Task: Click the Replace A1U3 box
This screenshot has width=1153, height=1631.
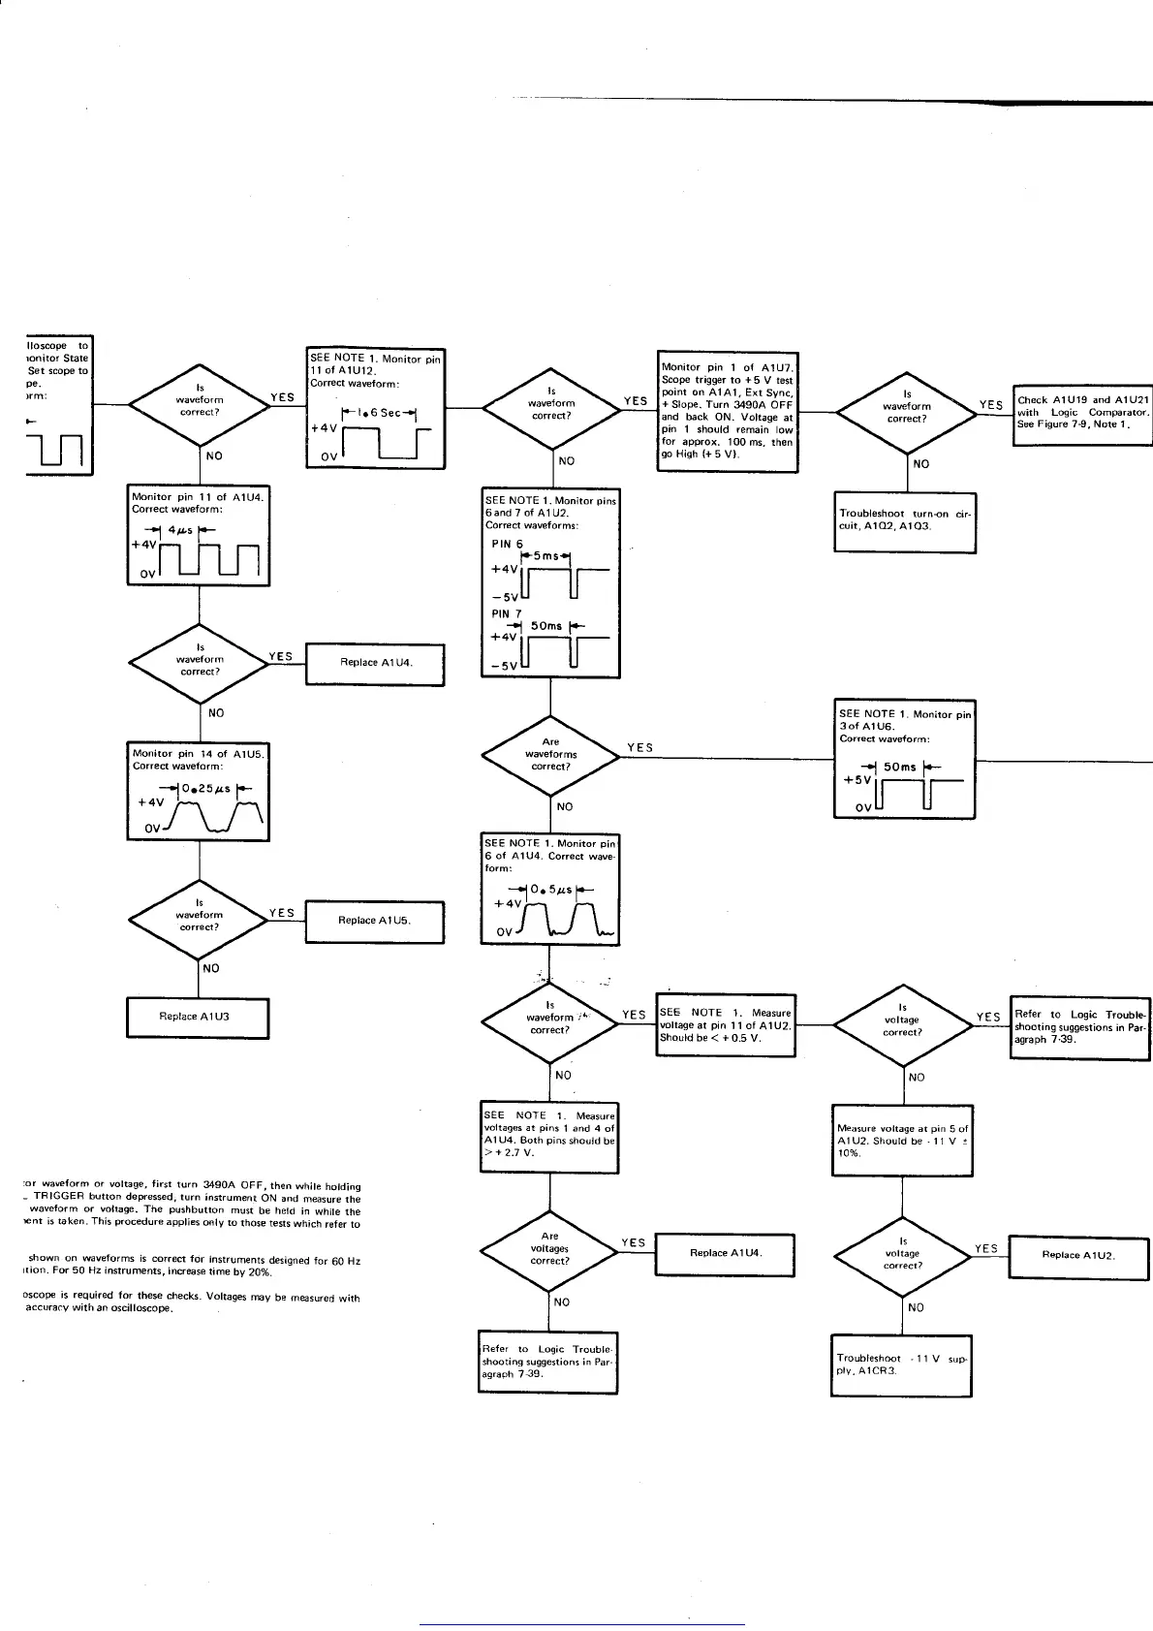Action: (198, 1018)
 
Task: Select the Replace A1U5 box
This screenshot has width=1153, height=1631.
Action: (374, 921)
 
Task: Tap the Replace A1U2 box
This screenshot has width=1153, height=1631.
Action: (1078, 1255)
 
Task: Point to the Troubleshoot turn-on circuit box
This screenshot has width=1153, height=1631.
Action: (904, 520)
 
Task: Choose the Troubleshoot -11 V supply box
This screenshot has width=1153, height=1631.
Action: (901, 1365)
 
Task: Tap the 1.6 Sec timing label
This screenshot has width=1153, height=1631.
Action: (379, 413)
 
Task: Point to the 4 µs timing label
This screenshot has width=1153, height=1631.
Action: (179, 530)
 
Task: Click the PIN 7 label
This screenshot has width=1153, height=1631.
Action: (507, 613)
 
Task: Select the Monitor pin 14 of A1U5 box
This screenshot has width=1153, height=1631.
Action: (199, 791)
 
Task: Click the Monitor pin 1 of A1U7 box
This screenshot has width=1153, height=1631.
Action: (727, 412)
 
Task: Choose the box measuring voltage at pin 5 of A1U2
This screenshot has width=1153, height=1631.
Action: (902, 1141)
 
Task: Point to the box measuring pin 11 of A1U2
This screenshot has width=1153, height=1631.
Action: (725, 1025)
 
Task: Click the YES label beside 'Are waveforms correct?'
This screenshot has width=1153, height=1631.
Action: (639, 747)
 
